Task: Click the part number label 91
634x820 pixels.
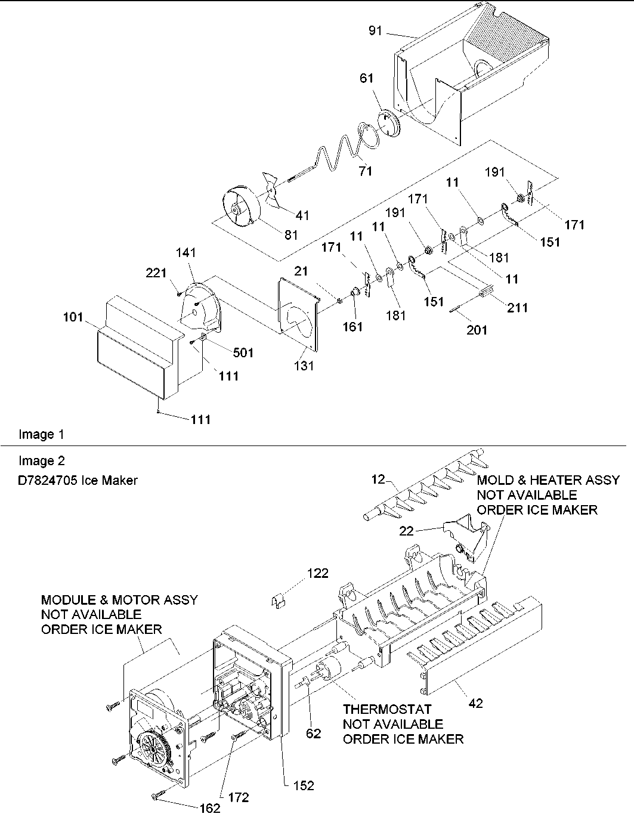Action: click(375, 30)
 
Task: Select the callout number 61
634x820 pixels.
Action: click(367, 78)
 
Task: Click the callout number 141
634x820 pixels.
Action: click(186, 253)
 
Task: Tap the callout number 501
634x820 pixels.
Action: click(243, 352)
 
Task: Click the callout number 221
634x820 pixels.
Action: click(157, 273)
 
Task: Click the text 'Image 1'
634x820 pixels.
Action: click(41, 434)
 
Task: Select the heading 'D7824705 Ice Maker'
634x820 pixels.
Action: click(78, 480)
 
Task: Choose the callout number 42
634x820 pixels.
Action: click(475, 703)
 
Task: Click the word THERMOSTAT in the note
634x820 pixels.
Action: click(387, 710)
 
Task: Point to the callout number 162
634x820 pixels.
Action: click(209, 809)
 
